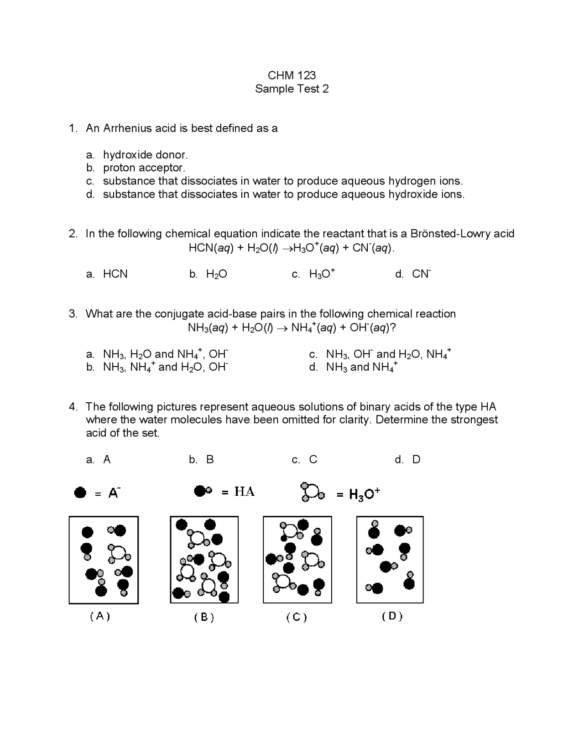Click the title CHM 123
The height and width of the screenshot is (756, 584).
[x=292, y=75]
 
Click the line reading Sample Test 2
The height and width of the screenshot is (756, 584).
[x=292, y=89]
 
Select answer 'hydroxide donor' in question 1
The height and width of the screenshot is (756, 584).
[x=145, y=155]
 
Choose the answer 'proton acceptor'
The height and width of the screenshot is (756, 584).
[x=144, y=168]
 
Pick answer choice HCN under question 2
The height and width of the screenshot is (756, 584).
[x=115, y=274]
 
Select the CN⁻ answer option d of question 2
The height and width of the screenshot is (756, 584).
[x=421, y=274]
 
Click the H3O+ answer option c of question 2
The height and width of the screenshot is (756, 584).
[x=322, y=274]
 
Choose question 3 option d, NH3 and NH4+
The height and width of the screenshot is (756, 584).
[x=361, y=367]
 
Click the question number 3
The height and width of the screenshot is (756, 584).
[x=73, y=314]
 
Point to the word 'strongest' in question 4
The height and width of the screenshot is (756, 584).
[x=474, y=420]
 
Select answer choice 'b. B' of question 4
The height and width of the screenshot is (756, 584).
[x=209, y=460]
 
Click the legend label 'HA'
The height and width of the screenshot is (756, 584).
[x=245, y=492]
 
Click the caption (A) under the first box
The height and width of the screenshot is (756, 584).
[x=100, y=616]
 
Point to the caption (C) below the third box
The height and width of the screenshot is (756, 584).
[x=297, y=617]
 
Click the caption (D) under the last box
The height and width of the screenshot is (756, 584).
[x=392, y=616]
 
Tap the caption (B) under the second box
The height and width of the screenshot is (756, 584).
[x=204, y=617]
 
